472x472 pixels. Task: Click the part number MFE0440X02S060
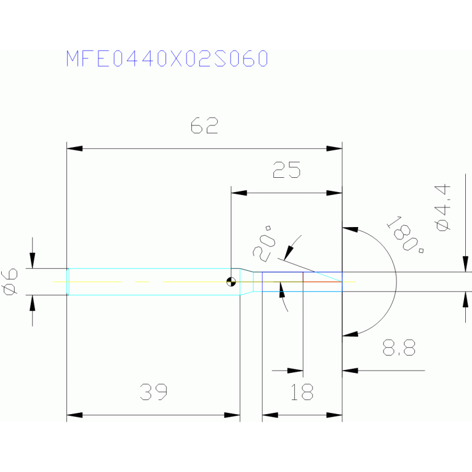coord(167,58)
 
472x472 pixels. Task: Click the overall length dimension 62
coord(204,126)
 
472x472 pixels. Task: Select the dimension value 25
coord(286,169)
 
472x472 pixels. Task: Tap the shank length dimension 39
coord(153,391)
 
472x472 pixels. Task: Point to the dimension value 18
coord(302,391)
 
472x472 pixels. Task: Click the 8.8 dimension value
coord(399,347)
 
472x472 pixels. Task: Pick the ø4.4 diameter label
coord(442,208)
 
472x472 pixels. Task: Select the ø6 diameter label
coord(9,282)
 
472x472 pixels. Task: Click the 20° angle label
coord(264,244)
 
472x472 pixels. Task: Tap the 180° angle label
coord(405,234)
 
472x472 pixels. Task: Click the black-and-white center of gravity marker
coord(231,282)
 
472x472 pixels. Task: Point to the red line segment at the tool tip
coord(322,282)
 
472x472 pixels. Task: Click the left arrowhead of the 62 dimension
coord(74,148)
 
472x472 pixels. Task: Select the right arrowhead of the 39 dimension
coord(232,415)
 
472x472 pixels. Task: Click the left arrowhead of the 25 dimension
coord(239,193)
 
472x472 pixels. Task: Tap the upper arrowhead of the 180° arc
coord(350,230)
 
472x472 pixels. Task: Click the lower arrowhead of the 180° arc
coord(350,334)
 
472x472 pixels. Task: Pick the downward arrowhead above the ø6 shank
coord(33,260)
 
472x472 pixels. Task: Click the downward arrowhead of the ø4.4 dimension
coord(466,264)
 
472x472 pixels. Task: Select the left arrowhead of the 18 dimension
coord(270,415)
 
